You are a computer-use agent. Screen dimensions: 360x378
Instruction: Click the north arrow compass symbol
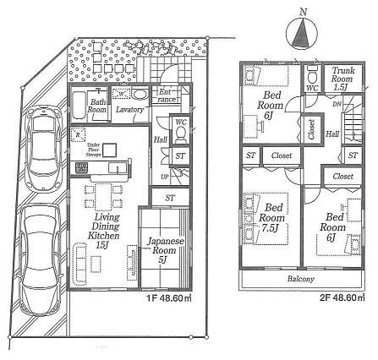[300, 33]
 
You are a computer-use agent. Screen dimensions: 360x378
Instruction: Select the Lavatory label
[129, 109]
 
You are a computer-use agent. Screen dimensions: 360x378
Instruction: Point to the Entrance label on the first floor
[166, 96]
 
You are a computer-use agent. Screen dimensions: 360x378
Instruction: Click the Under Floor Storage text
[101, 150]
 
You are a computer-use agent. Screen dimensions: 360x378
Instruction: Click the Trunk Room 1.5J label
[342, 79]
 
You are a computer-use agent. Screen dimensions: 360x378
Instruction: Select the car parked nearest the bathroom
[43, 144]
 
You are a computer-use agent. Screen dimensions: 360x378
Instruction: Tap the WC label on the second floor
[311, 87]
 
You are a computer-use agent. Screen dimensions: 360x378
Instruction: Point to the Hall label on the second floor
[332, 134]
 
